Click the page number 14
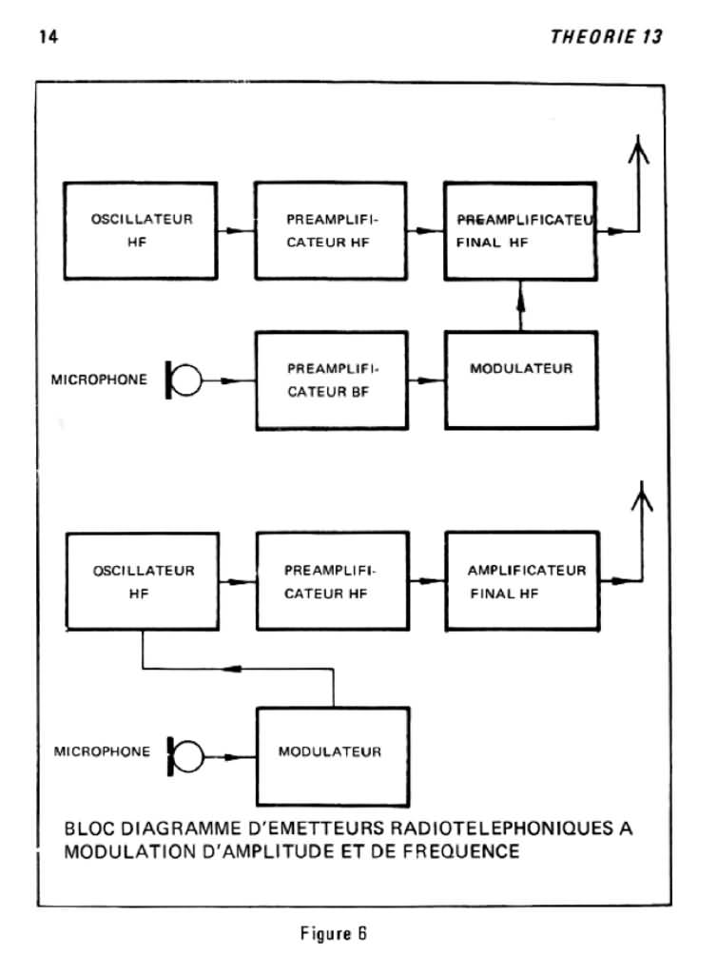point(48,37)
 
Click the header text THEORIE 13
point(607,37)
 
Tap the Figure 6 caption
point(334,933)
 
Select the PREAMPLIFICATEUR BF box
point(332,380)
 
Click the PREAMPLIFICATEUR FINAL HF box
point(520,231)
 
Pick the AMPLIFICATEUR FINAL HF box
point(522,581)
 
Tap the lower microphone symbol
point(185,756)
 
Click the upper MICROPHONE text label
point(99,380)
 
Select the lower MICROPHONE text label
point(102,751)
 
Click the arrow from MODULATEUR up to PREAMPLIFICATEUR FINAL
point(521,305)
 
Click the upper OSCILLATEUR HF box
point(141,230)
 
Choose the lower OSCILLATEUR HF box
point(142,581)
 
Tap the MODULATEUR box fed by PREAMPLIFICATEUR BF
point(521,380)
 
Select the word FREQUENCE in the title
point(460,851)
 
